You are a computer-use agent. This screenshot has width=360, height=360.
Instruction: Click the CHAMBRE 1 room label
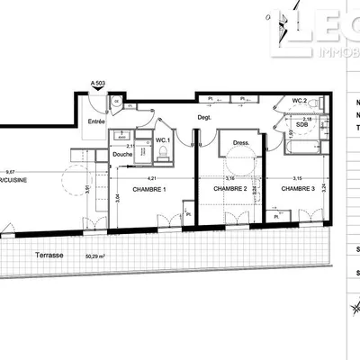pyautogui.click(x=149, y=190)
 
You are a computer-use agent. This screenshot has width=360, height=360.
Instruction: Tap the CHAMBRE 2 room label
pyautogui.click(x=230, y=189)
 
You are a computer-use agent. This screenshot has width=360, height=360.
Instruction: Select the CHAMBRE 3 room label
pyautogui.click(x=297, y=189)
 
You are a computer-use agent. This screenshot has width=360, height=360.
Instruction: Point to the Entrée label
pyautogui.click(x=96, y=121)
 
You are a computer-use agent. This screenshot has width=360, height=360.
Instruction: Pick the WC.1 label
pyautogui.click(x=164, y=141)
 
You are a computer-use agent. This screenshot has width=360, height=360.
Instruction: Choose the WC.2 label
pyautogui.click(x=301, y=100)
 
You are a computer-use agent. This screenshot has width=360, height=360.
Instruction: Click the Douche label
pyautogui.click(x=122, y=154)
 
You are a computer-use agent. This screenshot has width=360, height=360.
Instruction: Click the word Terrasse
pyautogui.click(x=48, y=255)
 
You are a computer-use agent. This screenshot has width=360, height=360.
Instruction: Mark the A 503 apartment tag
pyautogui.click(x=101, y=84)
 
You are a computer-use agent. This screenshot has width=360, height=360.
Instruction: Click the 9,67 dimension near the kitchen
pyautogui.click(x=11, y=171)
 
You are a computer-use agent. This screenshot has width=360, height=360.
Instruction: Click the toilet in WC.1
pyautogui.click(x=162, y=157)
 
